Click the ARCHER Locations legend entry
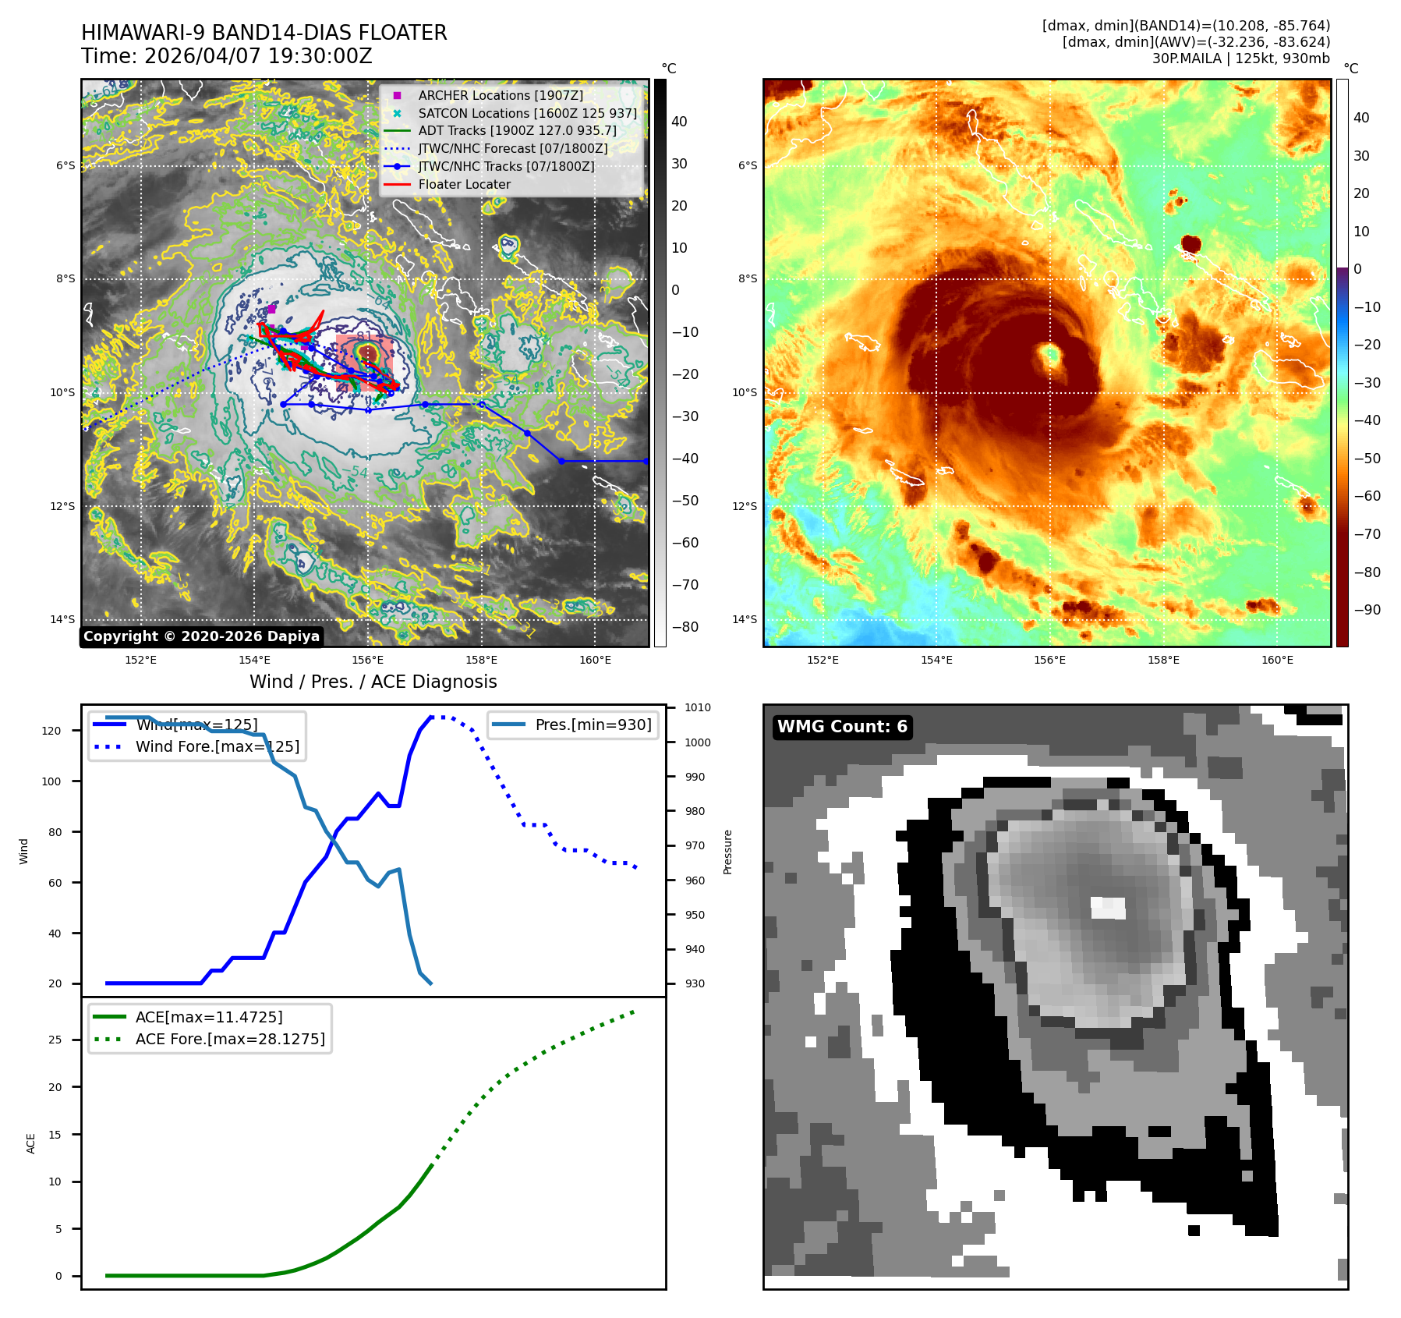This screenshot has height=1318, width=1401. (x=500, y=95)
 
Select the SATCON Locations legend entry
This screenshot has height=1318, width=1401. (x=527, y=113)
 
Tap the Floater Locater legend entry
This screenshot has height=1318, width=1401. (x=464, y=184)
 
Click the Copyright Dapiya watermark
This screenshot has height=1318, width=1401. (x=201, y=636)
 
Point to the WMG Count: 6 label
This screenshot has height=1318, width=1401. (x=842, y=727)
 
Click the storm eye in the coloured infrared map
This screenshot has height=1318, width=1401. (x=1050, y=356)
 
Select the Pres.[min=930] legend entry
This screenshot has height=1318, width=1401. (x=593, y=725)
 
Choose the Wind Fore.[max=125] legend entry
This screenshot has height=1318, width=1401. (x=217, y=746)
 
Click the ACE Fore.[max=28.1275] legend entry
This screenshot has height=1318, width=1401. (x=230, y=1039)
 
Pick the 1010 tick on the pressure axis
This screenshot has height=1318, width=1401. (x=698, y=708)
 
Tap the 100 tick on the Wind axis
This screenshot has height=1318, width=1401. (x=51, y=781)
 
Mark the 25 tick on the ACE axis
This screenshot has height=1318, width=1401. (x=55, y=1040)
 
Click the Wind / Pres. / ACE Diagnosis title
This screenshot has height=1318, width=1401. (x=373, y=682)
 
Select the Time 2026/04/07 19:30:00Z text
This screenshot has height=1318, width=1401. (x=226, y=56)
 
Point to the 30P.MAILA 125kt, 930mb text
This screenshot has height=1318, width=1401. (x=1240, y=58)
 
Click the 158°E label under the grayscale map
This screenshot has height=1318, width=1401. (x=481, y=660)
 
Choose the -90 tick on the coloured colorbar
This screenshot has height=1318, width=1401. (x=1367, y=610)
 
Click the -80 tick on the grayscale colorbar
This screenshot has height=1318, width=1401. (x=685, y=627)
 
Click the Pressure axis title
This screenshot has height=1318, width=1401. (x=727, y=852)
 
